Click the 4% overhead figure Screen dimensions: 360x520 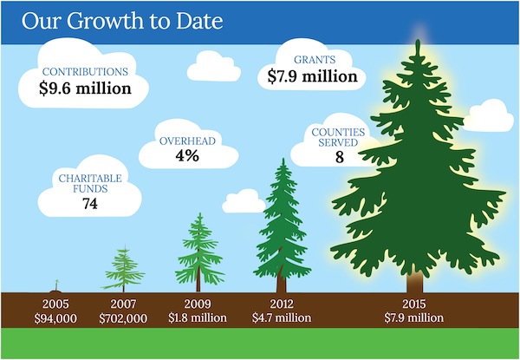click(186, 156)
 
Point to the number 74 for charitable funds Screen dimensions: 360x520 click(88, 204)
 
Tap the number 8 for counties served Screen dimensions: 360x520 click(340, 158)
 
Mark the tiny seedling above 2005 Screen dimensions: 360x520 click(56, 285)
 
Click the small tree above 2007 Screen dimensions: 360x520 click(124, 268)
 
